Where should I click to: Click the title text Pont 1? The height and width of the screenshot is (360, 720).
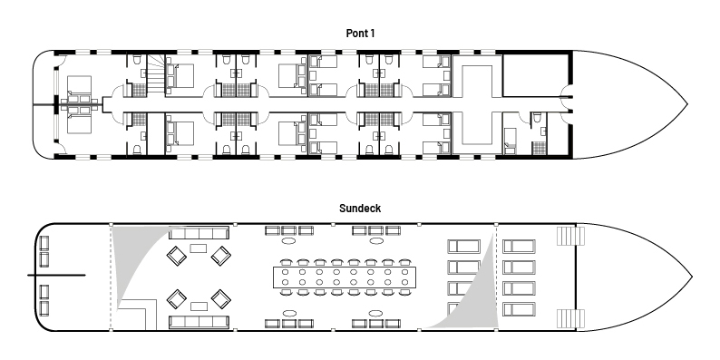(360, 34)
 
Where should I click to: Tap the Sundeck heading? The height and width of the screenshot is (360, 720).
(360, 209)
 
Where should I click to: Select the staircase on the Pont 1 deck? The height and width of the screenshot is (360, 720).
(155, 74)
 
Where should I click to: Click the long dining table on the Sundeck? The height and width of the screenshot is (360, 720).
(345, 277)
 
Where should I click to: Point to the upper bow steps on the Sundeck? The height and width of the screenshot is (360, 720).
(570, 237)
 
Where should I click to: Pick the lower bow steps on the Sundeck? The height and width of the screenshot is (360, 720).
(570, 318)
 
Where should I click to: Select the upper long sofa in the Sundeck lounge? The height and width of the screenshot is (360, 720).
(199, 233)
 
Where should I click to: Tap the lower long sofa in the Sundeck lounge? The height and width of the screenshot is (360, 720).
(199, 321)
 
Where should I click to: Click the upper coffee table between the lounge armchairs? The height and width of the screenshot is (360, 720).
(199, 248)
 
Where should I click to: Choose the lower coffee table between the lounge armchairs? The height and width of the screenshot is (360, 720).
(199, 306)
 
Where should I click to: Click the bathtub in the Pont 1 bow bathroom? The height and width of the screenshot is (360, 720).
(510, 141)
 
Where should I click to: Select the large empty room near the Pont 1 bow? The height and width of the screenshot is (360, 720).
(537, 76)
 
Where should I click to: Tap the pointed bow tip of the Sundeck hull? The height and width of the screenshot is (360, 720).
(692, 277)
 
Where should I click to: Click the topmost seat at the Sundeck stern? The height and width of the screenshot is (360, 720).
(44, 243)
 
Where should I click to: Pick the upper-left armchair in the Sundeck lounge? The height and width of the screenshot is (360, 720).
(176, 256)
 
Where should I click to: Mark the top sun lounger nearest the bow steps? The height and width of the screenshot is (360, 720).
(519, 246)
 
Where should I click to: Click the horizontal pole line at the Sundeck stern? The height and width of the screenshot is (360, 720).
(56, 276)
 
